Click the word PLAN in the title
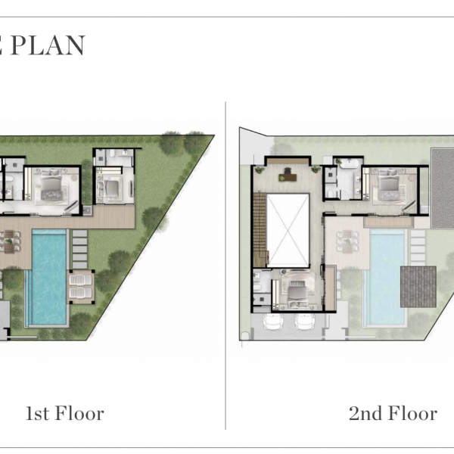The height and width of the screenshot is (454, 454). pos(48,45)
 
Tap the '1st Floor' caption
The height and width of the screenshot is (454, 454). pos(65,413)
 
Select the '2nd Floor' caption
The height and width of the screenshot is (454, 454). pos(393,413)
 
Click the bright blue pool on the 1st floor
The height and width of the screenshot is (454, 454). pos(49,277)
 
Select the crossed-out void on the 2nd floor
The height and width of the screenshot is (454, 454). pos(288,230)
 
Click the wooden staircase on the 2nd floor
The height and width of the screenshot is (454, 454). pos(260,229)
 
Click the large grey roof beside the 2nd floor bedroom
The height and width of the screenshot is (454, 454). pos(442,188)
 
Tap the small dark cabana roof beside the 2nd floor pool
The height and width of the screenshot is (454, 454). pos(418,287)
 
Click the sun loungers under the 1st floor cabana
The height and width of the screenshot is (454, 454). pos(81,286)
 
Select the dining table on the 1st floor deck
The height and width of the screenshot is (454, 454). pos(9,241)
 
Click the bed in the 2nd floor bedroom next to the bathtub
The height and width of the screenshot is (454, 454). pos(389,184)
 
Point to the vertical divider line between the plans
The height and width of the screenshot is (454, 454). pos(225,266)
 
